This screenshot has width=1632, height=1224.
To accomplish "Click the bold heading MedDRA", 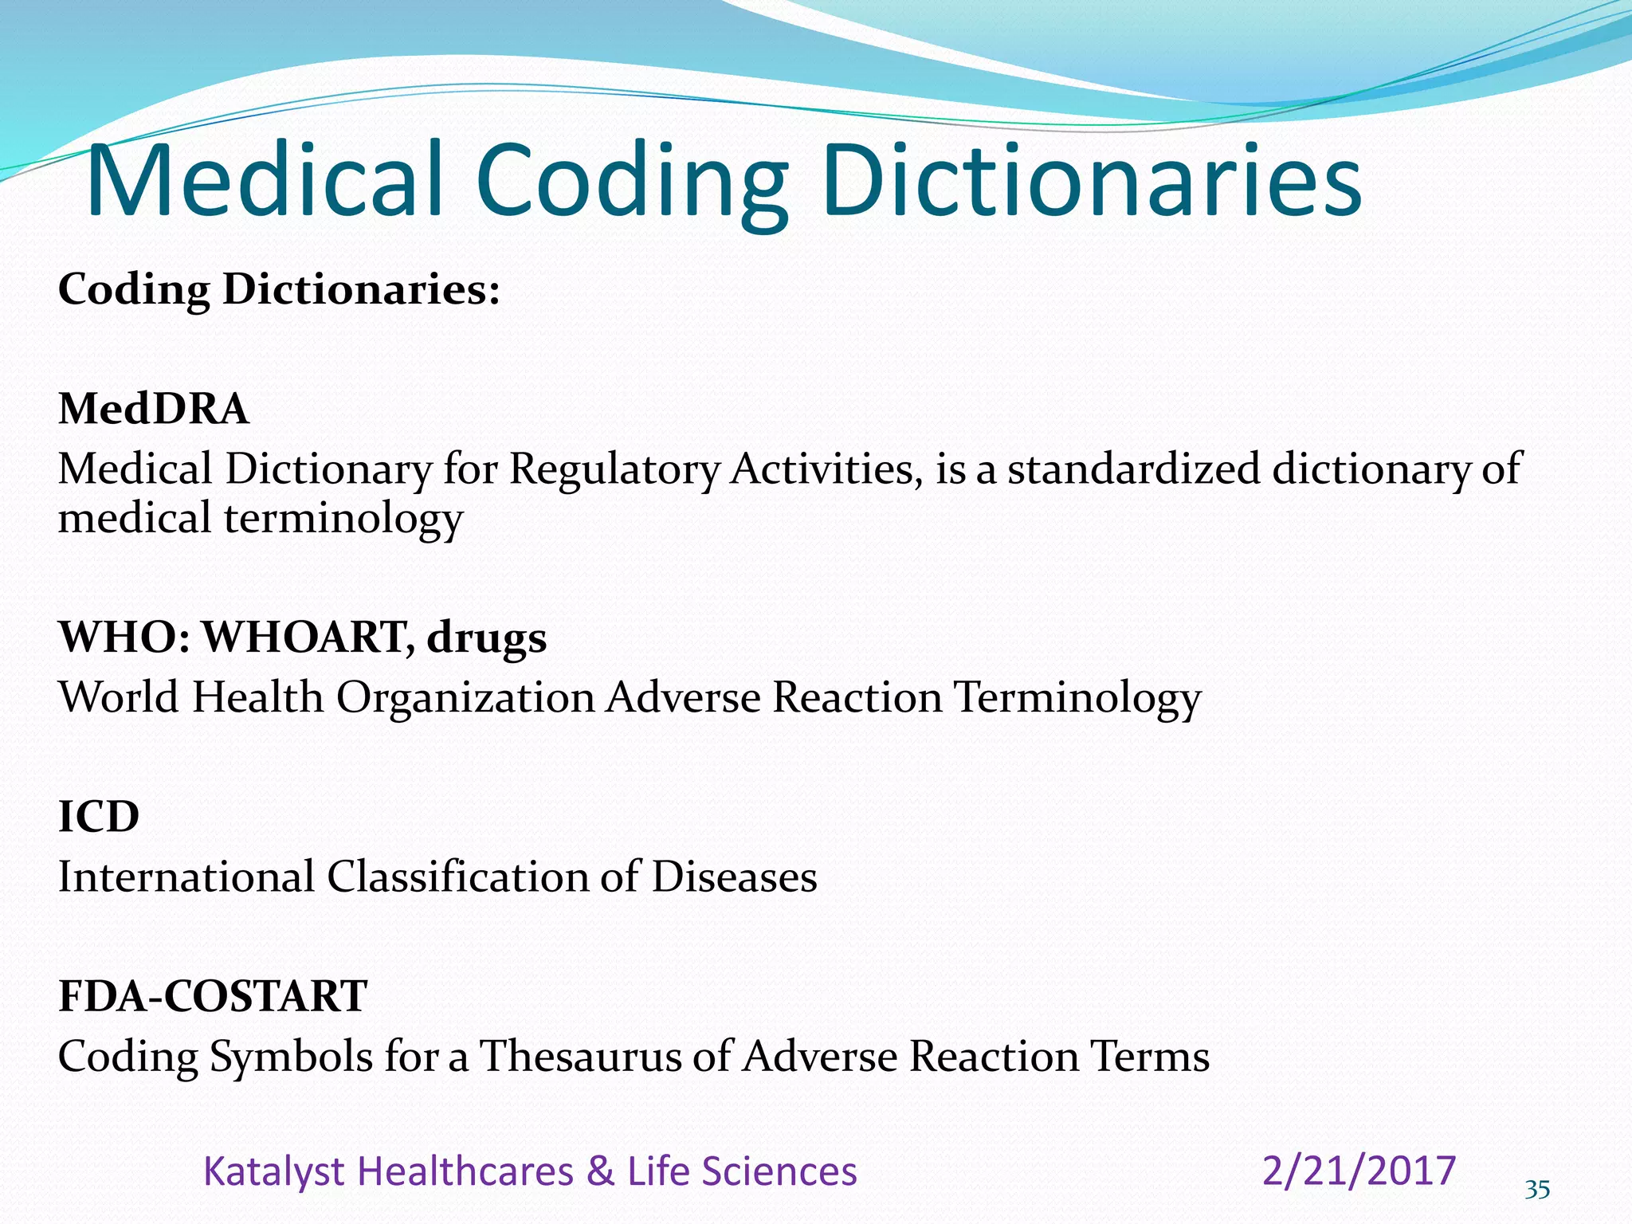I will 154,409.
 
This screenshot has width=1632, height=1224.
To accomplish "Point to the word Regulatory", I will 614,469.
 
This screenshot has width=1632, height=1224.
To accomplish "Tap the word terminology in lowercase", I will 343,519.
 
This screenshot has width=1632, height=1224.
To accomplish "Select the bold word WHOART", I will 308,637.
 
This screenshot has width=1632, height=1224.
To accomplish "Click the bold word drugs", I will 487,638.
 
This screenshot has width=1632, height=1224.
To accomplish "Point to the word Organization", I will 465,697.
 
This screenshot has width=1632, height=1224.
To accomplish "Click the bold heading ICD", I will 99,817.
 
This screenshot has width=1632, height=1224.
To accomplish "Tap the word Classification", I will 457,877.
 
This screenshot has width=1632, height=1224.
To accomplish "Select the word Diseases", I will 734,877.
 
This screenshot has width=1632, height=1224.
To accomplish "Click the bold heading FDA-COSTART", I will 213,996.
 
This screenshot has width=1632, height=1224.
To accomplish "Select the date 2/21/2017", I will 1359,1171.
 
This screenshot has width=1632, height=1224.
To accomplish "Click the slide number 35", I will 1537,1190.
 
